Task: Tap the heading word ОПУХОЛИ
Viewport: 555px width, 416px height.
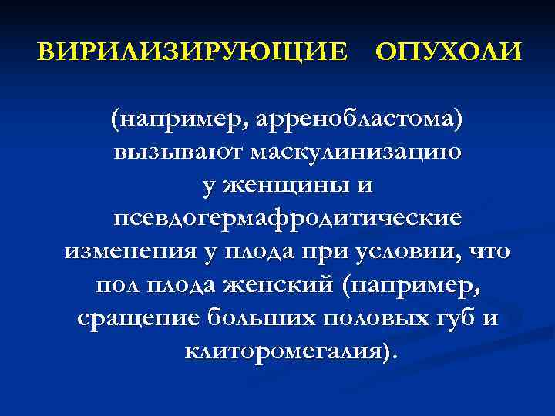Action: pyautogui.click(x=448, y=53)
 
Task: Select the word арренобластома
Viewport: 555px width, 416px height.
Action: pyautogui.click(x=358, y=119)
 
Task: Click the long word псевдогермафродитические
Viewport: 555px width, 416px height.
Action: pyautogui.click(x=288, y=219)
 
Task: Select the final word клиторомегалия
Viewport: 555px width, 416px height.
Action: pyautogui.click(x=284, y=351)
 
